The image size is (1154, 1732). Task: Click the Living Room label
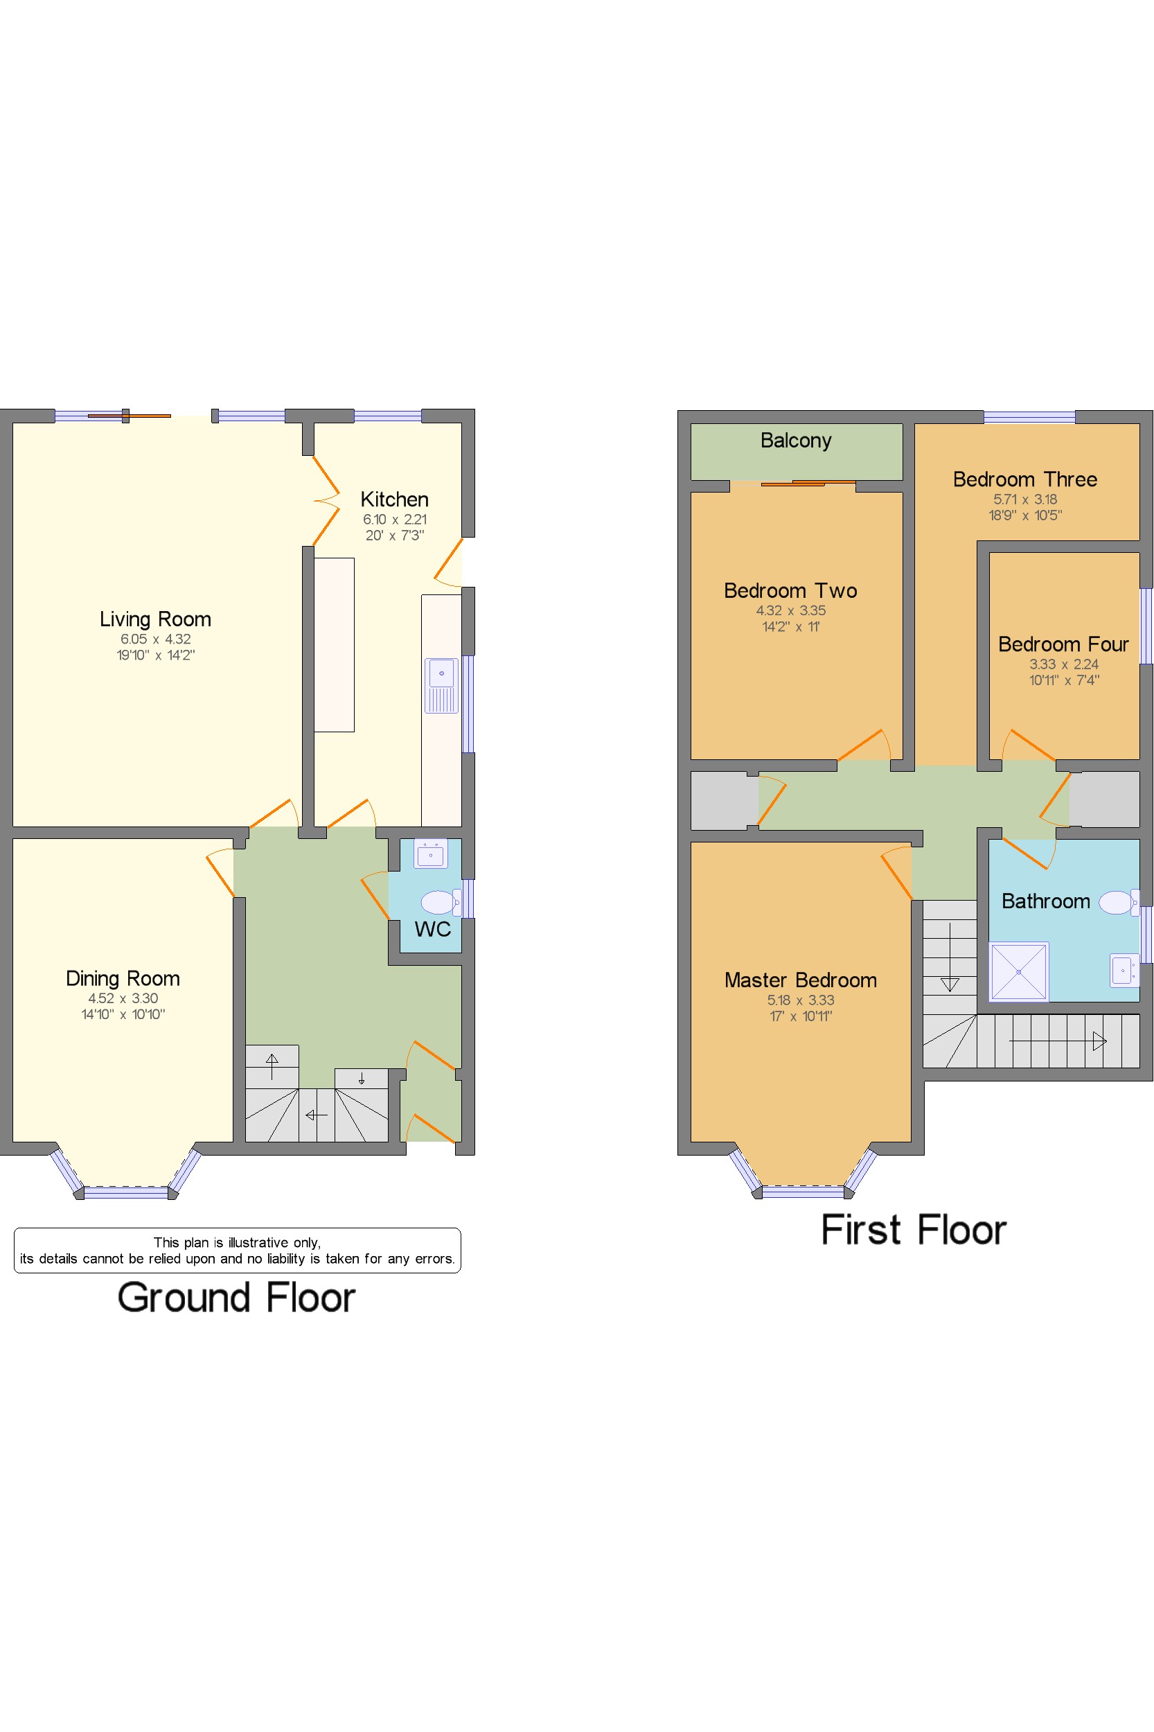155,619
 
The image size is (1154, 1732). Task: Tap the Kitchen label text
395,499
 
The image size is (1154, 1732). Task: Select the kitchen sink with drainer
441,686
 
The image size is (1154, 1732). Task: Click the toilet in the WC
441,902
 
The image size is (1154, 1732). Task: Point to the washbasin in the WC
431,854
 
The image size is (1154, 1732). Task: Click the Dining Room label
123,978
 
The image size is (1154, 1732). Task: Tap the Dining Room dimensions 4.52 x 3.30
123,998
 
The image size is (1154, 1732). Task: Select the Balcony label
796,440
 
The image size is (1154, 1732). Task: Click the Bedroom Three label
1025,479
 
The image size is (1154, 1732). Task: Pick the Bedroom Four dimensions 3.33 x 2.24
1063,664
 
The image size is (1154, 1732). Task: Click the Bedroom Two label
790,590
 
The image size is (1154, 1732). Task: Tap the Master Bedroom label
801,980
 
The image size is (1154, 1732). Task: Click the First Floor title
914,1230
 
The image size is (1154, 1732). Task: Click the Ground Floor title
236,1297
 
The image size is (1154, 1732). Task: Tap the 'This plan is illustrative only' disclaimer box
238,1250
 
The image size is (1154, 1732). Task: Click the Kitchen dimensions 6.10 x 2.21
395,519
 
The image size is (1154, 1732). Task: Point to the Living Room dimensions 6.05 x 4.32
155,639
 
